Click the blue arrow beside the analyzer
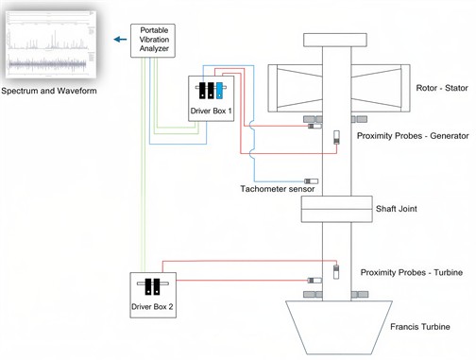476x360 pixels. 119,40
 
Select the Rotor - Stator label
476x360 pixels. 416,92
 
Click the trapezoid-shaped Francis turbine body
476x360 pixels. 336,325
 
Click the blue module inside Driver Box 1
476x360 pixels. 219,91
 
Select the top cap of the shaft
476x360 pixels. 336,40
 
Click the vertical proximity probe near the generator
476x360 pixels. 335,139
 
